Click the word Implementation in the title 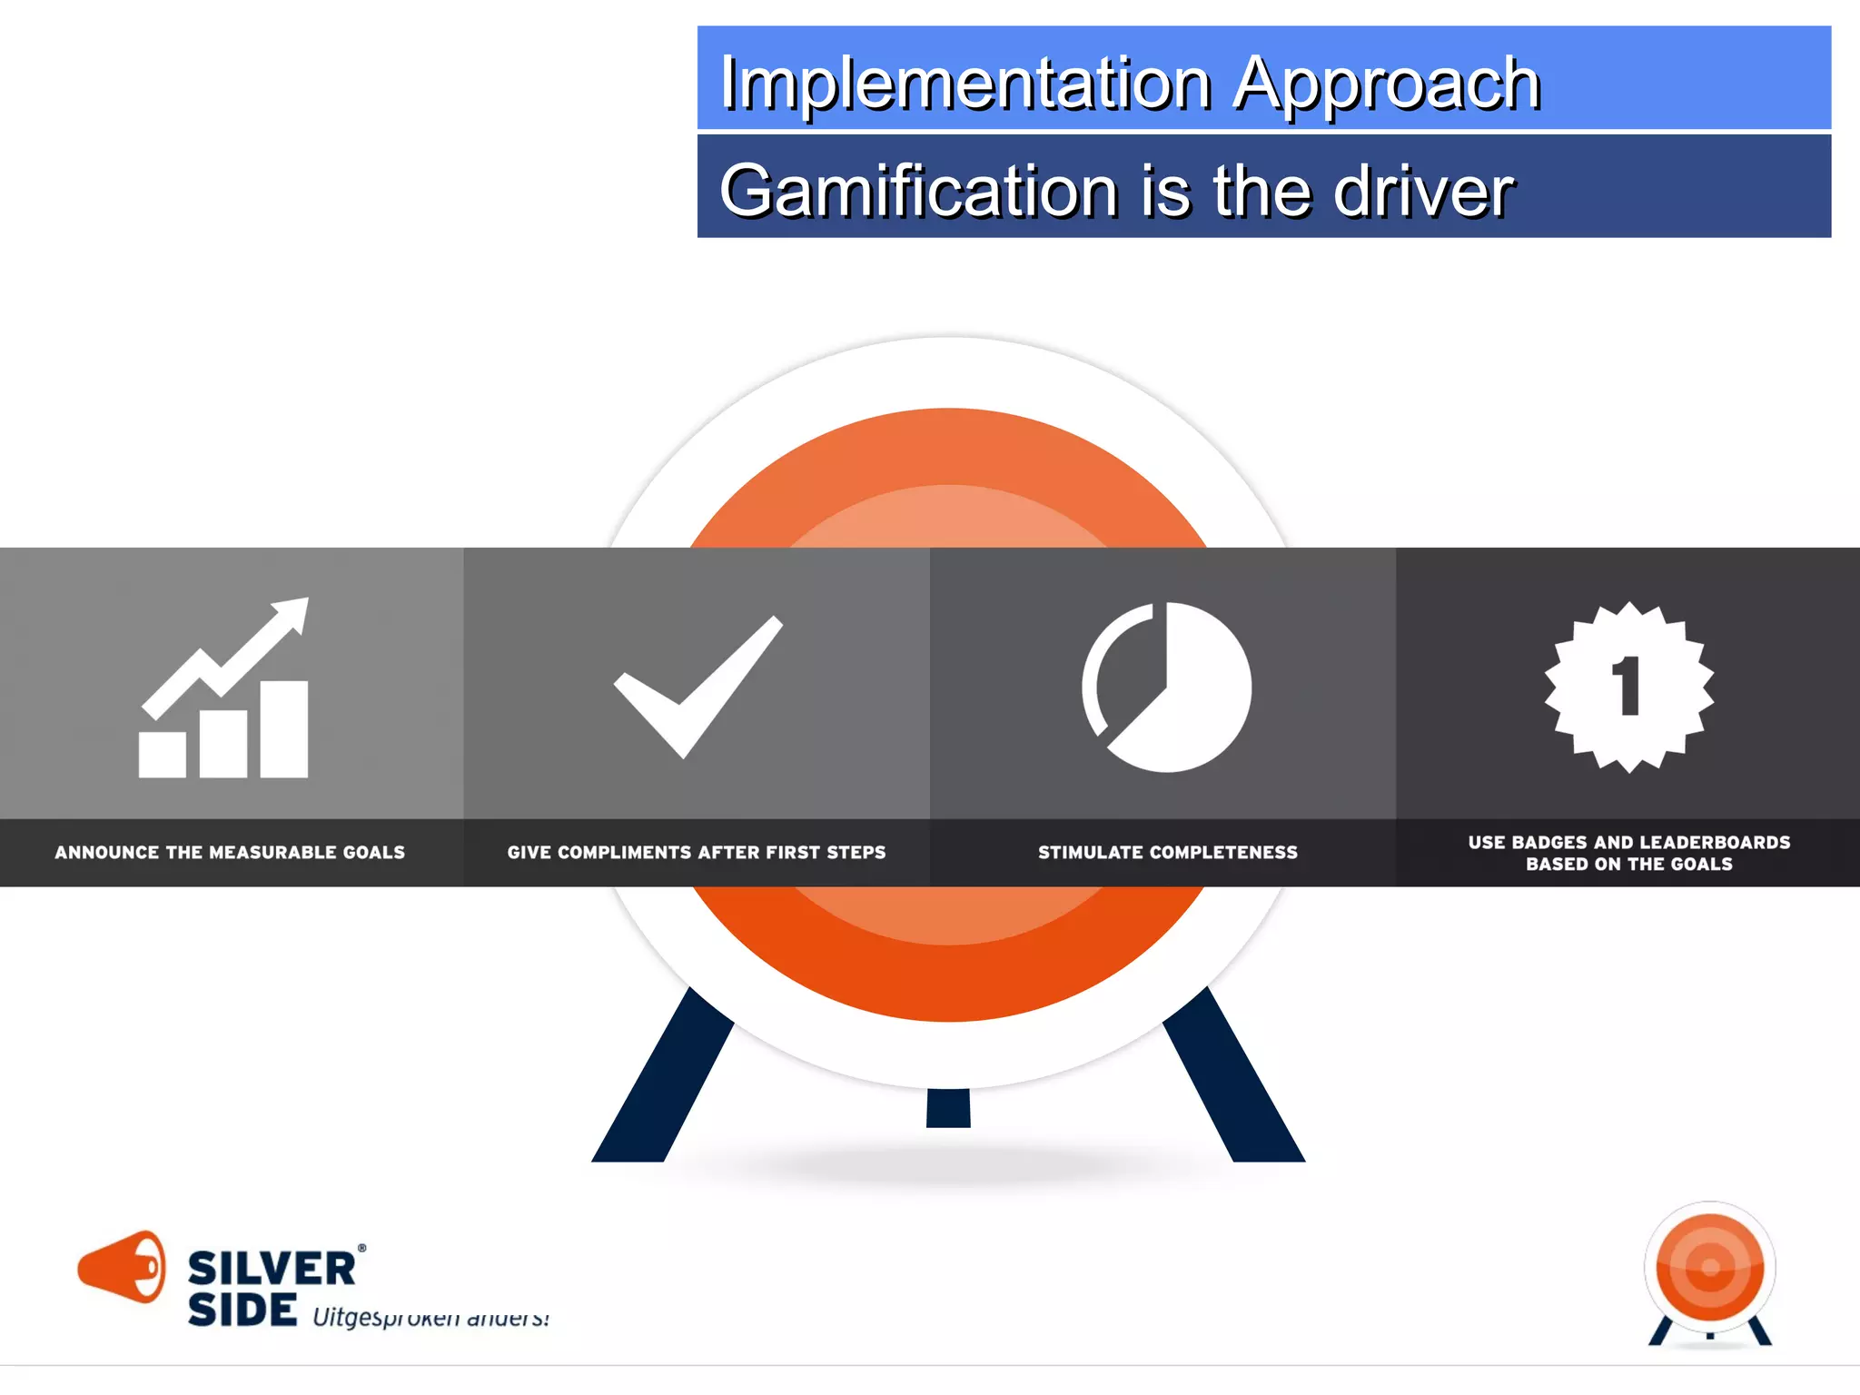point(965,84)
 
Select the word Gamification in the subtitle point(918,191)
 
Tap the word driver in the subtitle point(1423,191)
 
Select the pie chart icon point(1167,688)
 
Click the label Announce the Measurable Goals point(230,852)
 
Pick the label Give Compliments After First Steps point(697,852)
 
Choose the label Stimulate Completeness point(1168,852)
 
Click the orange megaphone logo point(123,1266)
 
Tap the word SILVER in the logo point(272,1269)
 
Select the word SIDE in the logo point(242,1310)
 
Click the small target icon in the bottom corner point(1710,1271)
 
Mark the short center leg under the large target point(948,1108)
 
